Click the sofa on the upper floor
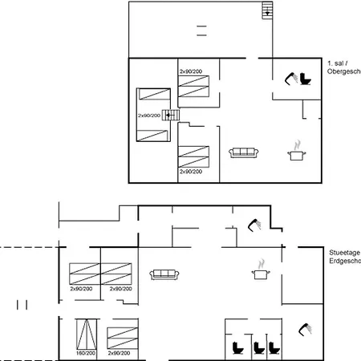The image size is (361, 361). [242, 152]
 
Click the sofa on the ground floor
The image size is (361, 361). [164, 274]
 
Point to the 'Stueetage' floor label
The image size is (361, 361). [344, 252]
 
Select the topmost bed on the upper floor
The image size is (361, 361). [194, 86]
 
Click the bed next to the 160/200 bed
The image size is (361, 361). [120, 334]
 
